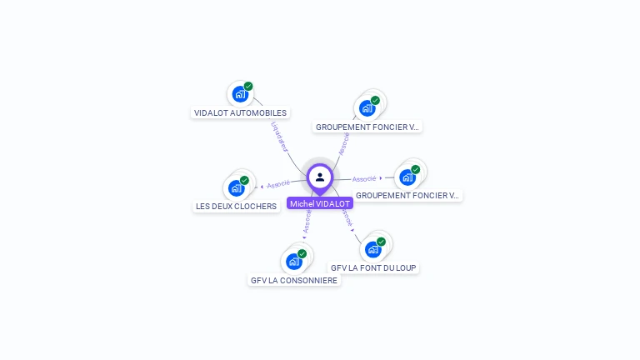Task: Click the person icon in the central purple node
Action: (x=320, y=177)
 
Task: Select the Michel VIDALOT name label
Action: (x=320, y=203)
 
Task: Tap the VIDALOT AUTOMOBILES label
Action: (x=240, y=112)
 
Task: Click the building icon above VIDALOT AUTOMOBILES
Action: (x=240, y=94)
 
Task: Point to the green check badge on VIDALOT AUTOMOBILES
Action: (x=248, y=86)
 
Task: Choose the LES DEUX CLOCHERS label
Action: (x=236, y=207)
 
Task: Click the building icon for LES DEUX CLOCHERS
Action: (x=236, y=188)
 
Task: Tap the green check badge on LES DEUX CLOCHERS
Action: (x=244, y=180)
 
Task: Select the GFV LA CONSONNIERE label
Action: (x=294, y=280)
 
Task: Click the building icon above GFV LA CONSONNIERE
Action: (x=293, y=262)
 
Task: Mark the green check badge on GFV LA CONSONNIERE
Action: (x=302, y=253)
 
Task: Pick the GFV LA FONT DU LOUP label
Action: (x=373, y=267)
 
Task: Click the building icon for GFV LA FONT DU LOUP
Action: (x=372, y=249)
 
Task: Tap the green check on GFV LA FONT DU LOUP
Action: (x=381, y=242)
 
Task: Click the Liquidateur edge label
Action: (x=280, y=137)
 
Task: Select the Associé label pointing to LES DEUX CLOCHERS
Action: (x=278, y=184)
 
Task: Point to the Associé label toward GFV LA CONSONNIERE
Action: (x=307, y=222)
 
